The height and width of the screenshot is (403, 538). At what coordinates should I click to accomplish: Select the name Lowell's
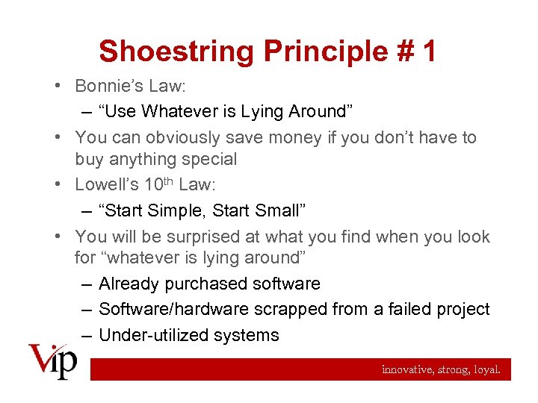click(105, 185)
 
